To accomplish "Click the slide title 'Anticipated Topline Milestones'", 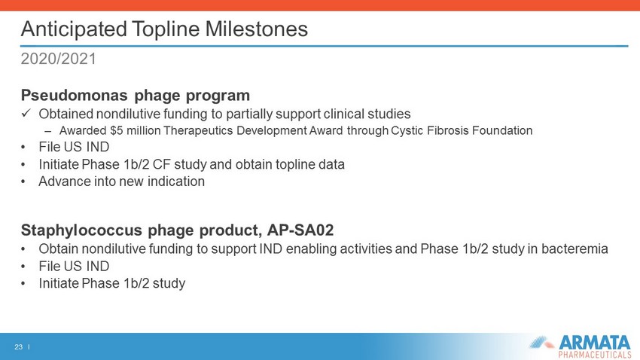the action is (164, 29).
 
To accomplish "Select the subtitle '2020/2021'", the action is (59, 59).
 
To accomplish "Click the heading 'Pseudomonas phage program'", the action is (135, 96).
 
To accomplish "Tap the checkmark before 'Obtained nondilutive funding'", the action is (26, 113).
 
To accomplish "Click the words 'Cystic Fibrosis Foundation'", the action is (462, 130).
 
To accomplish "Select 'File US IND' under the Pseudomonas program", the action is (74, 147).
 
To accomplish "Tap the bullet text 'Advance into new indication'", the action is (122, 182).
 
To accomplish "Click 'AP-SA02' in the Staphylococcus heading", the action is (300, 230).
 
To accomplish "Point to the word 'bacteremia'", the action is (574, 249).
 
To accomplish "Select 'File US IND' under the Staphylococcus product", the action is (74, 266).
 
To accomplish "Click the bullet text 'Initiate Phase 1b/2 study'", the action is (112, 283).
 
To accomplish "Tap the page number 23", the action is (18, 347).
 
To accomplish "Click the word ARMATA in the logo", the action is (594, 343).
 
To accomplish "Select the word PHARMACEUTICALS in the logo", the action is (595, 354).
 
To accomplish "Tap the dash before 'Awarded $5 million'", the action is (48, 132).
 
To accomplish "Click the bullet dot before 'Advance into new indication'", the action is (23, 182).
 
